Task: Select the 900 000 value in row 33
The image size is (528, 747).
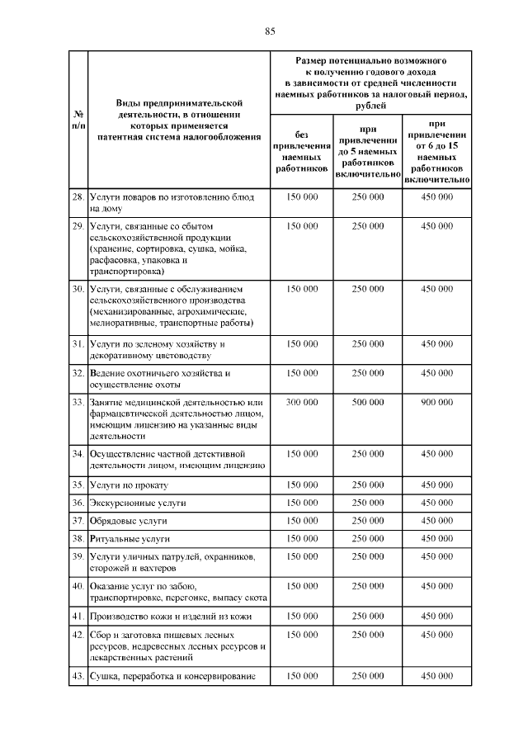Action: (x=437, y=402)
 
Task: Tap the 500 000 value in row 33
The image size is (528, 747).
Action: (x=368, y=402)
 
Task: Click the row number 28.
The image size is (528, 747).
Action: (x=77, y=197)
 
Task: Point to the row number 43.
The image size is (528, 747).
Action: (x=77, y=677)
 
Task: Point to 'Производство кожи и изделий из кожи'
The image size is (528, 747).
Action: (x=166, y=617)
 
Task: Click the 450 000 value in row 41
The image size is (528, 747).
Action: (x=437, y=617)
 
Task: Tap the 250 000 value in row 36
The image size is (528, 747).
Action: (x=368, y=503)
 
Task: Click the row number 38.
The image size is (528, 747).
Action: (x=77, y=539)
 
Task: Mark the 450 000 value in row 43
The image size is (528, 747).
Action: (x=437, y=677)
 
